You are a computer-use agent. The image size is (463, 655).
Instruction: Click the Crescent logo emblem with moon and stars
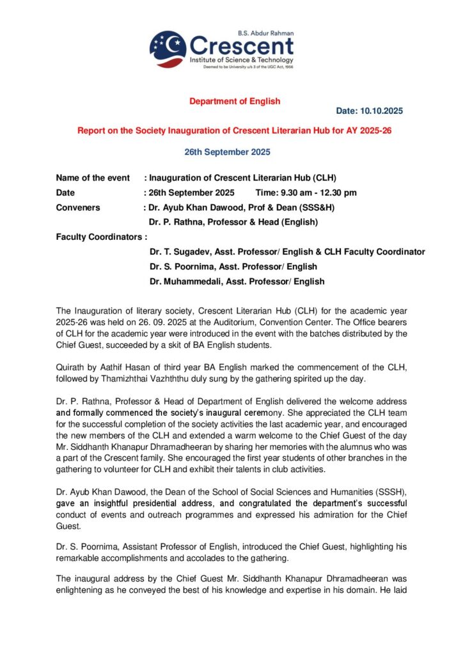point(168,49)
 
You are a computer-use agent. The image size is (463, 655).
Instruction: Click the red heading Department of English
point(235,101)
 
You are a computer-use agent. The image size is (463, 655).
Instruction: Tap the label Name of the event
point(93,178)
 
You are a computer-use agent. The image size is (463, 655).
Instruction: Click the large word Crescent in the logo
point(242,47)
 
